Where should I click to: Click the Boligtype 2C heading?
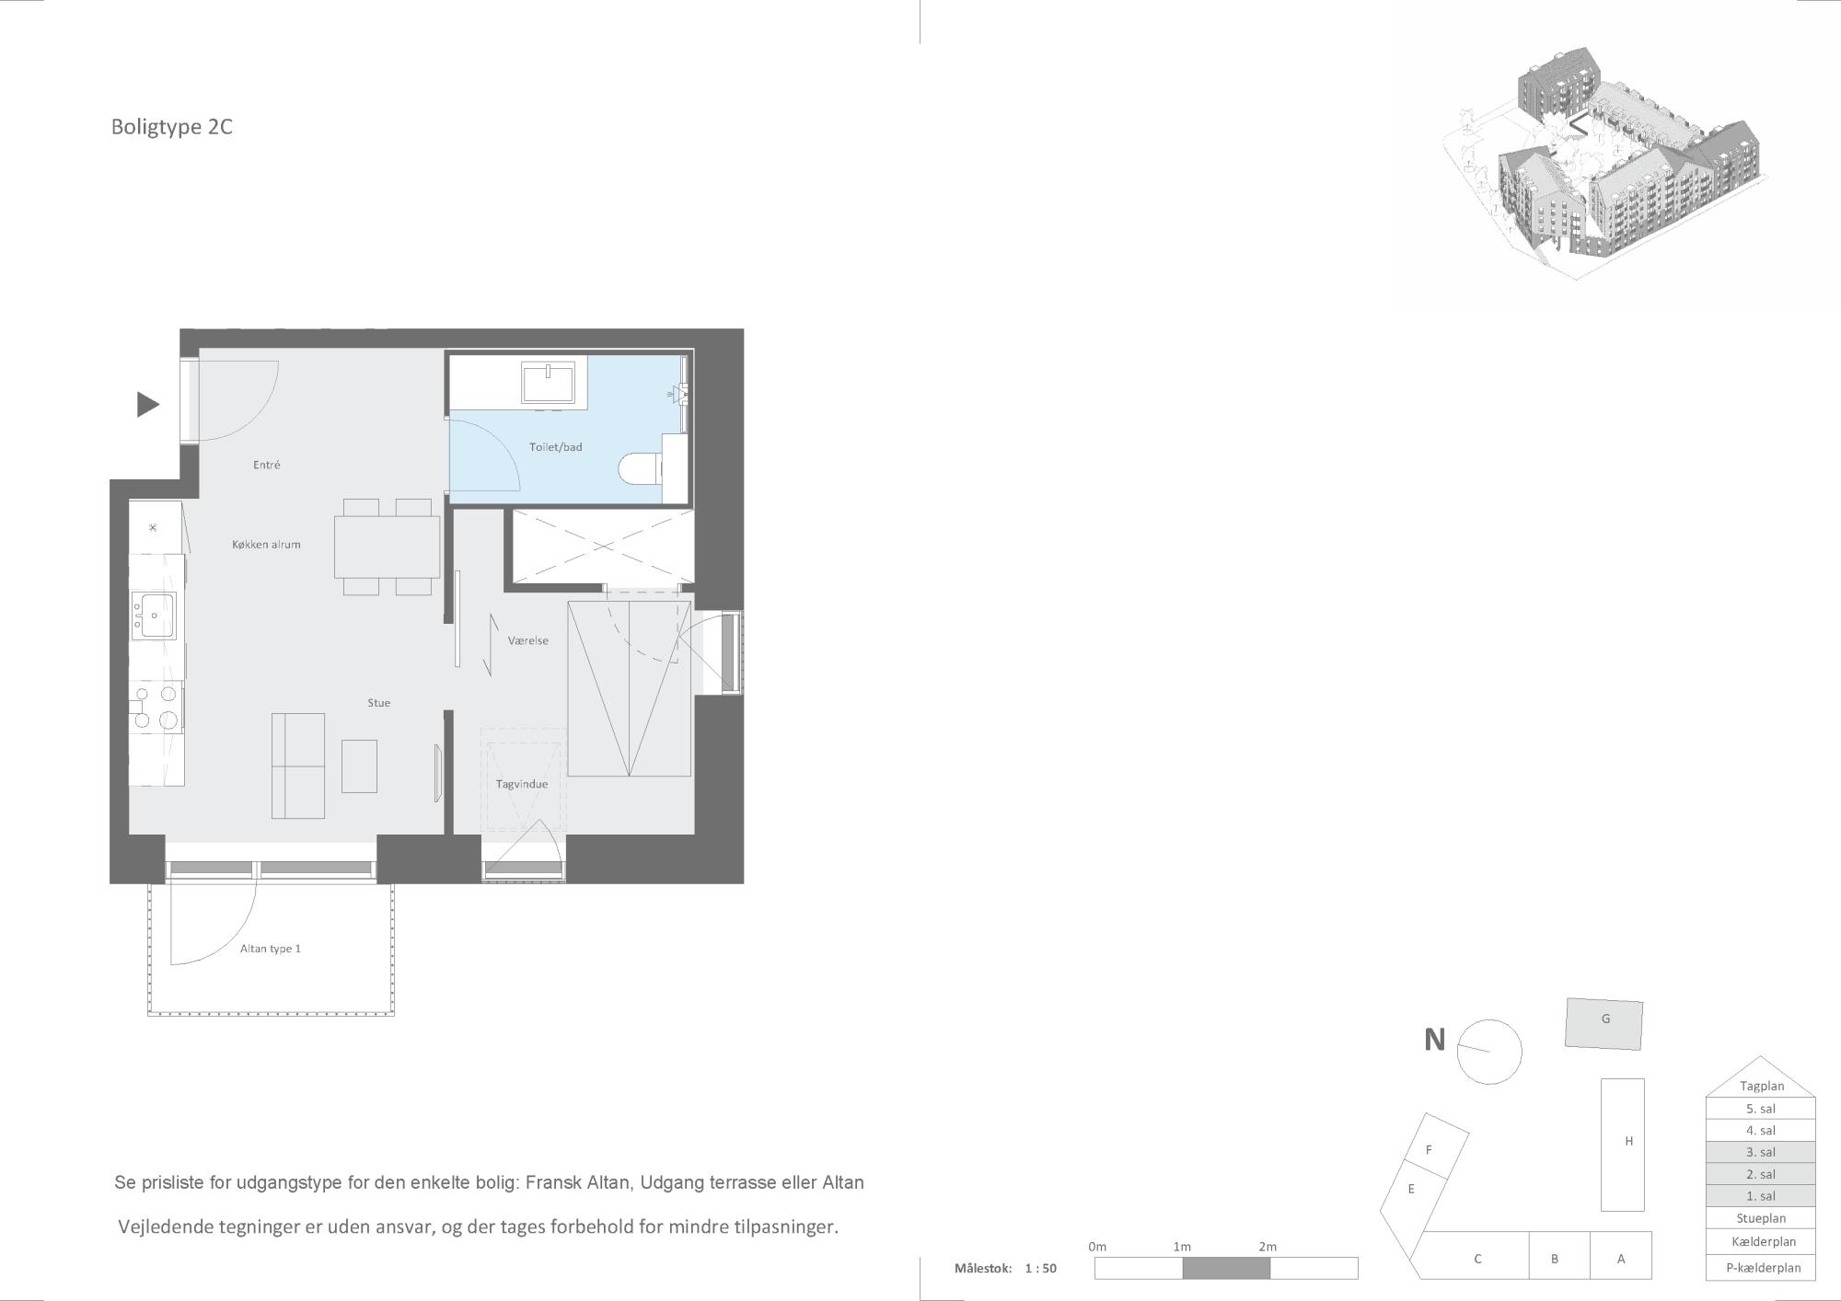(171, 127)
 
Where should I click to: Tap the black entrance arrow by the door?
(148, 404)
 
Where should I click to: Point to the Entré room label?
(267, 466)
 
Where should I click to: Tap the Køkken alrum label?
(266, 545)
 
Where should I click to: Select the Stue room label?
(379, 703)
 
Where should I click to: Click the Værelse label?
(528, 640)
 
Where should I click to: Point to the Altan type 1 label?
(271, 949)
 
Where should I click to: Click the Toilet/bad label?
(556, 447)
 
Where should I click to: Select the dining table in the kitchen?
(388, 547)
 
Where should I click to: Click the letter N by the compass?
(1434, 1040)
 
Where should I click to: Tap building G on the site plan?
(1604, 1024)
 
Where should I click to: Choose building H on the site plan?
(1622, 1145)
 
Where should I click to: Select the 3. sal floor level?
(1761, 1152)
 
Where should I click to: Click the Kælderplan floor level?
(1761, 1241)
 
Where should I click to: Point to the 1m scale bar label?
(1182, 1247)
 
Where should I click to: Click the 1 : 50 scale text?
(1040, 1268)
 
